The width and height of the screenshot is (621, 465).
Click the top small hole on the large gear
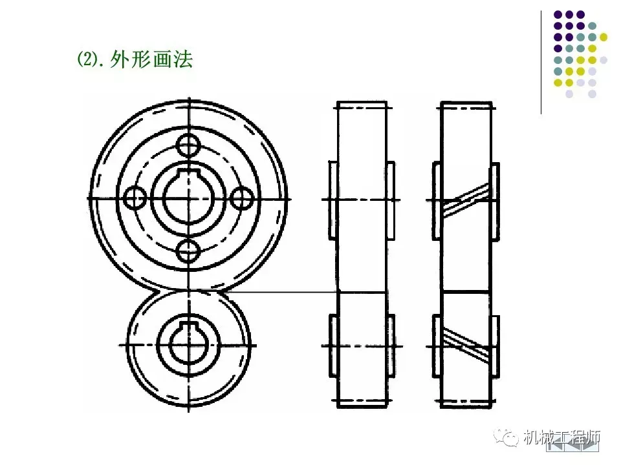[x=189, y=144]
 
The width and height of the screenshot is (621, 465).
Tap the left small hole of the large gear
[x=135, y=197]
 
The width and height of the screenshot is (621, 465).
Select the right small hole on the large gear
[x=243, y=197]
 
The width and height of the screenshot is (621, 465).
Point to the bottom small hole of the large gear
[x=189, y=251]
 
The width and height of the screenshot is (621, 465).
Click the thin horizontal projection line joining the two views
[x=285, y=293]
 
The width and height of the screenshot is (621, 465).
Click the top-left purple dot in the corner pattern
[x=558, y=14]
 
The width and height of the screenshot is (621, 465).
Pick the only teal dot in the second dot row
[x=592, y=26]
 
